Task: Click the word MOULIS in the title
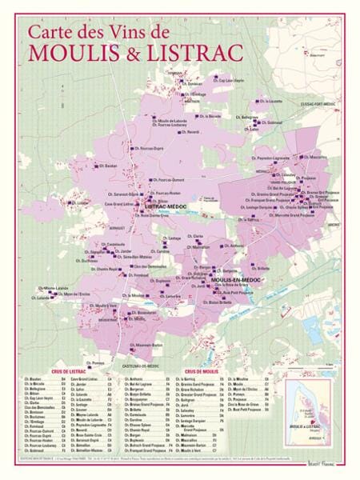point(67,52)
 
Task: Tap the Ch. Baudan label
point(108,166)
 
